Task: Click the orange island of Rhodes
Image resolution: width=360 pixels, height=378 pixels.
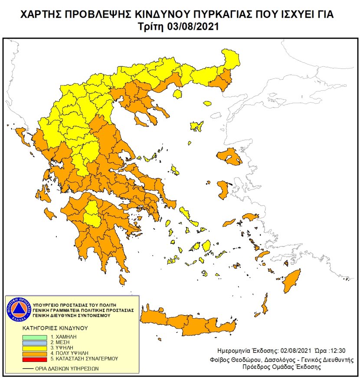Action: tap(291, 281)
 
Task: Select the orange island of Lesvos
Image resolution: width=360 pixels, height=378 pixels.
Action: tap(230, 156)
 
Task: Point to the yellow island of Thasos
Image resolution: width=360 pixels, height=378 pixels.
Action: tap(206, 104)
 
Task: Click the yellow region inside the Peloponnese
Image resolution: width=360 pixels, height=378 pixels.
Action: tap(92, 213)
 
